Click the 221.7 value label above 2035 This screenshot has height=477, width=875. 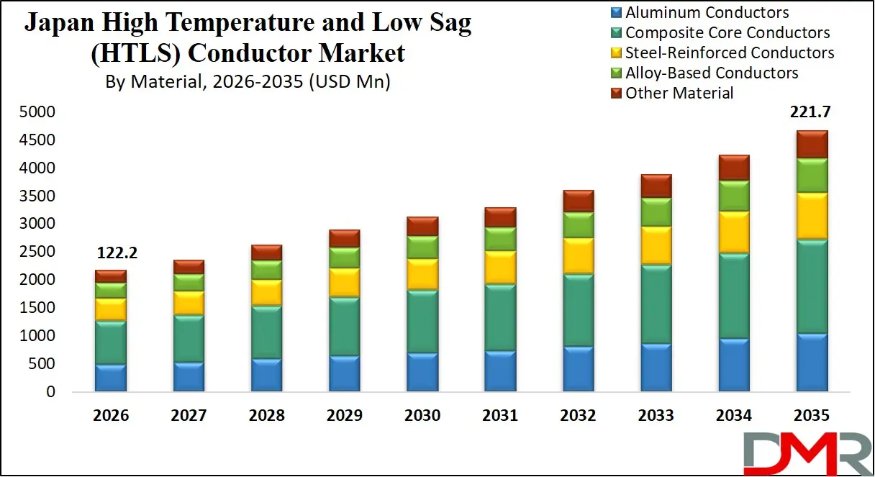coord(811,112)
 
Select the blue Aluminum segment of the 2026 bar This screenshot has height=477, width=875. coord(110,378)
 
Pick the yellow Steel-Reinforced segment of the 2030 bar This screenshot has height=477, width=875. coord(422,274)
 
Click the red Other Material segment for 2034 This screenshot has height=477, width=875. coord(733,168)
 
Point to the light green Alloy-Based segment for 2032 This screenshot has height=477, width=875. coord(578,225)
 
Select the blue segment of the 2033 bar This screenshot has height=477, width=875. coord(656,368)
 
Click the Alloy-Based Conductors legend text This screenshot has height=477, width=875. coord(712,73)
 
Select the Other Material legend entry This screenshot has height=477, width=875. coord(679,94)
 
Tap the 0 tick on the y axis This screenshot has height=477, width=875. coord(50,392)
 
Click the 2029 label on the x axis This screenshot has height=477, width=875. coord(344,416)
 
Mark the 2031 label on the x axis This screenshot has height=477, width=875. coord(500,416)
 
